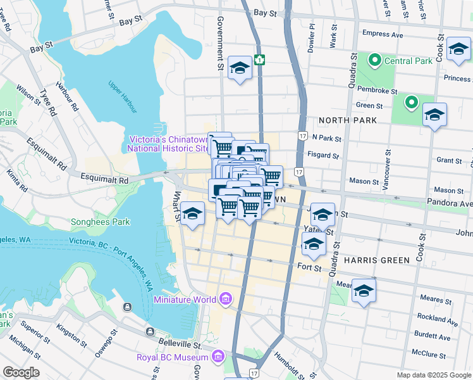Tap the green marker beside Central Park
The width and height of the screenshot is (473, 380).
point(374,61)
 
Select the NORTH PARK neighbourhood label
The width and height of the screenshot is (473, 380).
point(348,120)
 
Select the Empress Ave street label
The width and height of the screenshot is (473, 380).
point(383,35)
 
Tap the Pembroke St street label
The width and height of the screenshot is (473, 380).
point(376,91)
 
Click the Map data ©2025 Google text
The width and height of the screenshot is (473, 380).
point(434,375)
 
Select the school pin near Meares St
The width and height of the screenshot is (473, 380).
point(364,291)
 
